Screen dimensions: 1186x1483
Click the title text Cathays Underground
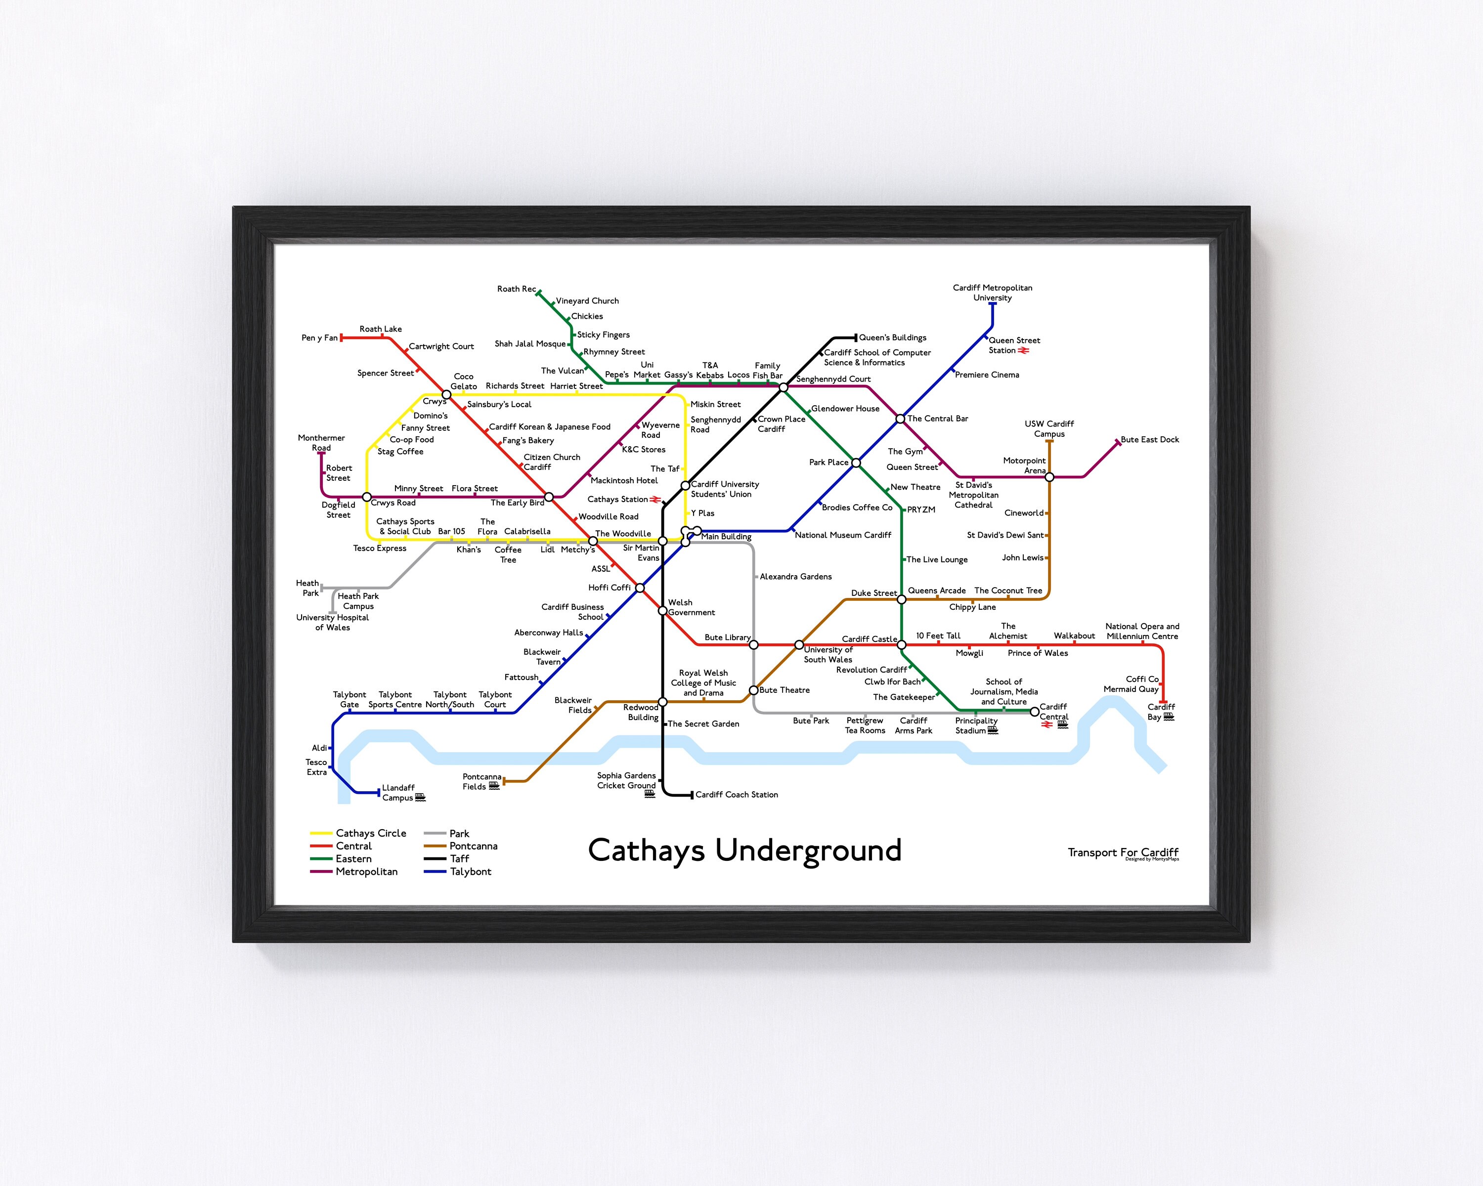744,850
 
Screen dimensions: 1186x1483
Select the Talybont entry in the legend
471,872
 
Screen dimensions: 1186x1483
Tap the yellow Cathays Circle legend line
321,833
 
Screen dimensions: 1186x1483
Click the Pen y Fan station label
319,338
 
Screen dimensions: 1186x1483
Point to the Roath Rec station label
516,289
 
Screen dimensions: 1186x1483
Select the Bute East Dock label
1149,439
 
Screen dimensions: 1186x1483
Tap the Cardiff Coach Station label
736,795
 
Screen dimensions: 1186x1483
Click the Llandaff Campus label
398,793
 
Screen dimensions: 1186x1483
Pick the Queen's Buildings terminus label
892,338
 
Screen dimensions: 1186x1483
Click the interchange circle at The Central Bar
900,419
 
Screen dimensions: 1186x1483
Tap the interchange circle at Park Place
856,463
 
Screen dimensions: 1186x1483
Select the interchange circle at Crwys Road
367,497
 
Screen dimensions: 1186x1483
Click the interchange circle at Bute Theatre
753,689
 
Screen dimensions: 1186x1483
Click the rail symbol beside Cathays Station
655,500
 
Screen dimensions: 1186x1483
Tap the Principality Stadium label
976,725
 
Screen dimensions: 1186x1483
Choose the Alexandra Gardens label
795,577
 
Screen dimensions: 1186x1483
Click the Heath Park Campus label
358,601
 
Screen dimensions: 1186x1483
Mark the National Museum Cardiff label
843,535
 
